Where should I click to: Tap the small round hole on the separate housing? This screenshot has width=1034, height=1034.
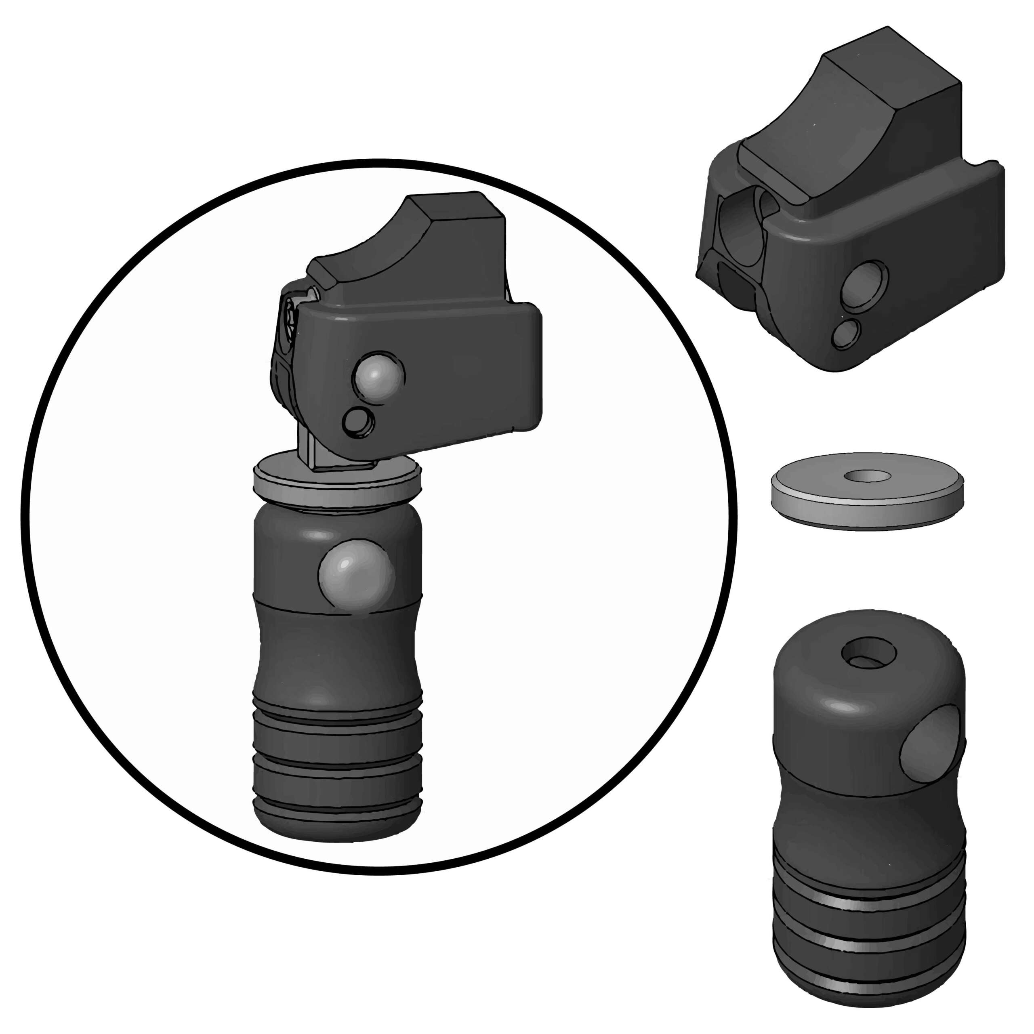[846, 334]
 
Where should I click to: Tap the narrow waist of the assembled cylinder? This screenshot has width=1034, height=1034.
[337, 658]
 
